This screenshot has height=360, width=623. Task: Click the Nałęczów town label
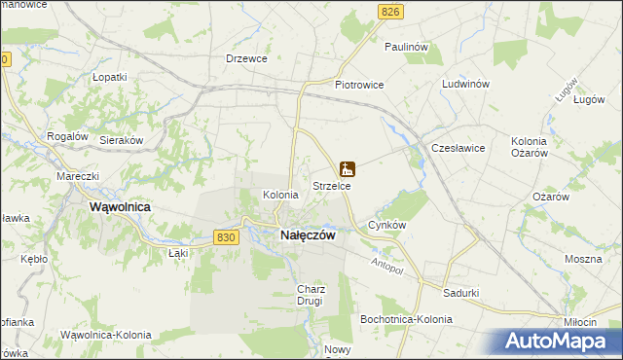tap(308, 235)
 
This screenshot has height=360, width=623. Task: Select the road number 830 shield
tap(225, 237)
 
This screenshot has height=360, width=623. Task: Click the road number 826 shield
tap(391, 11)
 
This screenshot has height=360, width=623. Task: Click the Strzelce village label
tap(331, 185)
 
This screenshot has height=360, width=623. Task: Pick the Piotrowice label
tap(359, 85)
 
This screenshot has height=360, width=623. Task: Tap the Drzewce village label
tap(246, 58)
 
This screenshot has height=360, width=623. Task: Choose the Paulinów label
tap(407, 47)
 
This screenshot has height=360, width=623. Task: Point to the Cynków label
tap(386, 225)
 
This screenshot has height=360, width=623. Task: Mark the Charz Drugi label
tap(310, 295)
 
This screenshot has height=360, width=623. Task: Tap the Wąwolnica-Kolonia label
tap(105, 335)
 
